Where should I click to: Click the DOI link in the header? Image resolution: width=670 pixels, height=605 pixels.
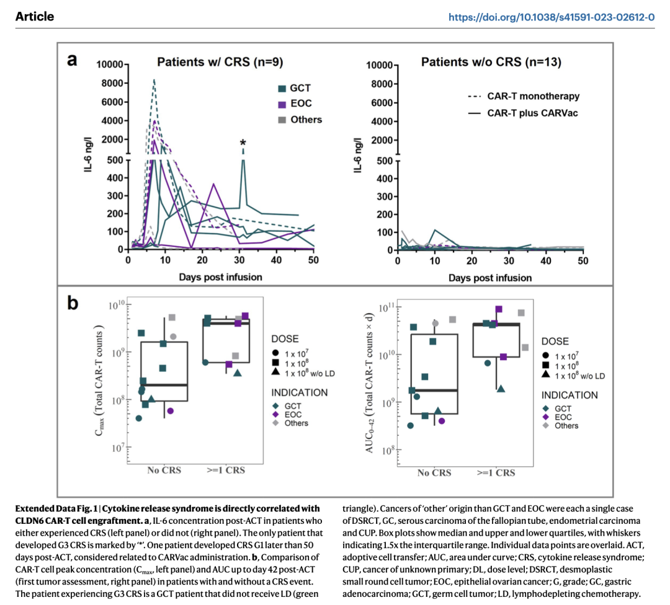(552, 17)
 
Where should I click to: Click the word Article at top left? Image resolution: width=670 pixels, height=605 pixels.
(35, 17)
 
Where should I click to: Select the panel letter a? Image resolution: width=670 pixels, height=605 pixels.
(73, 60)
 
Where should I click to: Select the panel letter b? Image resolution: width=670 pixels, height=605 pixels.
(73, 303)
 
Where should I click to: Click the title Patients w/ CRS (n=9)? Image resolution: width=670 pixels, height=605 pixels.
(220, 62)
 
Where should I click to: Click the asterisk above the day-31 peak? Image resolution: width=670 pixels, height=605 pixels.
(243, 144)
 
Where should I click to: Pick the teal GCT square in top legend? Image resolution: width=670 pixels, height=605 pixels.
(281, 89)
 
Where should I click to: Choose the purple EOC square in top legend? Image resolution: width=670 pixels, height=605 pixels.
(281, 104)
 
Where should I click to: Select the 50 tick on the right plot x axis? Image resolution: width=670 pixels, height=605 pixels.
(583, 261)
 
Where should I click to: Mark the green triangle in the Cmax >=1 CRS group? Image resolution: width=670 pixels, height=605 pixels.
(238, 373)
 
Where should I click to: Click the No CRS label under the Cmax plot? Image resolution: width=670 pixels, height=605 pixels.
(164, 470)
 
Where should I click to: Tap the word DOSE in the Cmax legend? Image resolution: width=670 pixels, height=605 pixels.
(285, 339)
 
